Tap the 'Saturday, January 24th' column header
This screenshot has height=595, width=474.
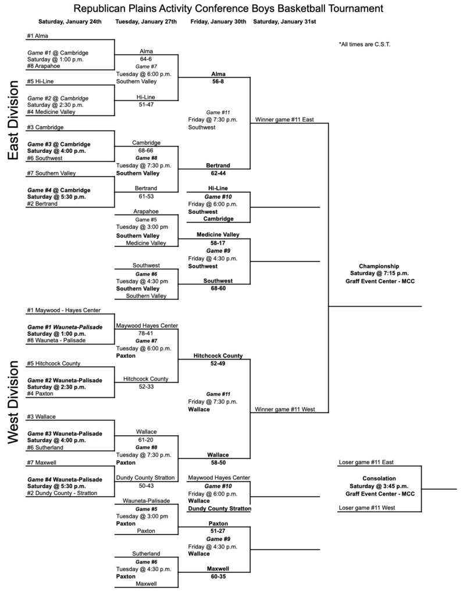point(70,21)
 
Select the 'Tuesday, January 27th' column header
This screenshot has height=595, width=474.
point(146,21)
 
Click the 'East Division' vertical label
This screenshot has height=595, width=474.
point(13,120)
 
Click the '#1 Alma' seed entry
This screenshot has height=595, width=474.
point(38,35)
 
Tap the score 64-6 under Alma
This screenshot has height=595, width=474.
point(146,59)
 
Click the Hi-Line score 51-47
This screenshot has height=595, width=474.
point(146,105)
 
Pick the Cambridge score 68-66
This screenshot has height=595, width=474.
point(146,150)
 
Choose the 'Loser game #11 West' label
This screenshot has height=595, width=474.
point(366,508)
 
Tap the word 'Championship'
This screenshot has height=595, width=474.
point(379,266)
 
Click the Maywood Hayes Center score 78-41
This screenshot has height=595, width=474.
point(146,334)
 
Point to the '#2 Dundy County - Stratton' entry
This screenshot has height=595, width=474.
point(62,493)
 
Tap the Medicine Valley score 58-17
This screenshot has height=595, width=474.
point(218,243)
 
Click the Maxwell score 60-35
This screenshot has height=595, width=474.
point(218,576)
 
